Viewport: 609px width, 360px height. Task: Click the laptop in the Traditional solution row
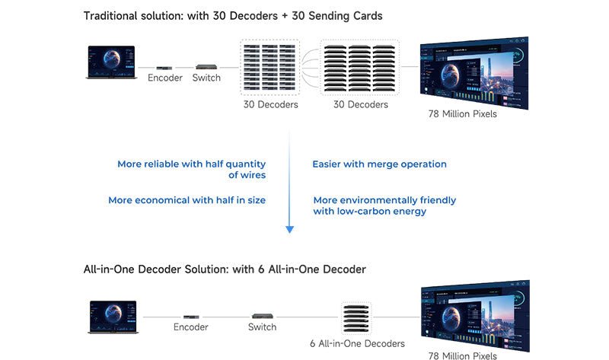click(111, 62)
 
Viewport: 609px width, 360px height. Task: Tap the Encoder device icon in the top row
click(164, 67)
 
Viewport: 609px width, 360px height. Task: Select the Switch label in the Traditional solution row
click(206, 78)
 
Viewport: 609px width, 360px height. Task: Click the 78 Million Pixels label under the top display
click(463, 114)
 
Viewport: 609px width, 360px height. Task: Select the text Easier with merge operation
click(379, 164)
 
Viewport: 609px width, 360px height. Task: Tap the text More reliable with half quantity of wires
click(192, 170)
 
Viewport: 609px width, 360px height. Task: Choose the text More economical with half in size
click(187, 200)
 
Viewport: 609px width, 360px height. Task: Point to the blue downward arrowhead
click(289, 228)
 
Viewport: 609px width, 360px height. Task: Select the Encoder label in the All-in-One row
click(191, 327)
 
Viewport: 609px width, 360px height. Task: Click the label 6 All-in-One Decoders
click(357, 344)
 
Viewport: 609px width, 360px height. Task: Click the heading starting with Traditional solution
click(234, 16)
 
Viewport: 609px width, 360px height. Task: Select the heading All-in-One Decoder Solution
click(225, 269)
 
